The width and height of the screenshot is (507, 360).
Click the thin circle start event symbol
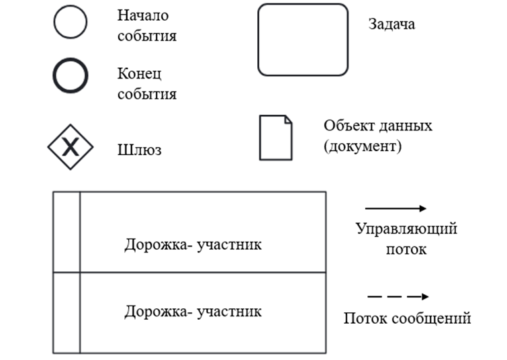(x=71, y=22)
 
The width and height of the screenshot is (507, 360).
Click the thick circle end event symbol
(x=71, y=75)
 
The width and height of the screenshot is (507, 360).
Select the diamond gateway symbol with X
(x=70, y=146)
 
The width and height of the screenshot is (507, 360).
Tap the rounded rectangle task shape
(x=303, y=40)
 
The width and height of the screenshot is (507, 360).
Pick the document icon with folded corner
(x=276, y=138)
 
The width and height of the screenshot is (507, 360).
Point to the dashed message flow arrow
(x=398, y=296)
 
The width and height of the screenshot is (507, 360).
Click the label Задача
(x=391, y=24)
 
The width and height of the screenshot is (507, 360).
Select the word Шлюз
(x=139, y=149)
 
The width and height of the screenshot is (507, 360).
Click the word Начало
(x=143, y=15)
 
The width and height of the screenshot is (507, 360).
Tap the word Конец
(x=140, y=73)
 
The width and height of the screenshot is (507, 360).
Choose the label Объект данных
(x=378, y=126)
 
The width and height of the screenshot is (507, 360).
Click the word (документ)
(x=363, y=146)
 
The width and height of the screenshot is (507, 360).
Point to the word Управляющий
(x=406, y=229)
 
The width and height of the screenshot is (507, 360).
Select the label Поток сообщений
(x=407, y=318)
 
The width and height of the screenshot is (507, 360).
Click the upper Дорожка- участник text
(x=193, y=244)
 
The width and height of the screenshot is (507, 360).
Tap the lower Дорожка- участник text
(x=193, y=311)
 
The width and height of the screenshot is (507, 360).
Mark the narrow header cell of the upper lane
(x=66, y=232)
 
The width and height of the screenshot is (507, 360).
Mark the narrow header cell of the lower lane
(x=66, y=312)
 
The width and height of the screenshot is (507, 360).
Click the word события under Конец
(x=147, y=94)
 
